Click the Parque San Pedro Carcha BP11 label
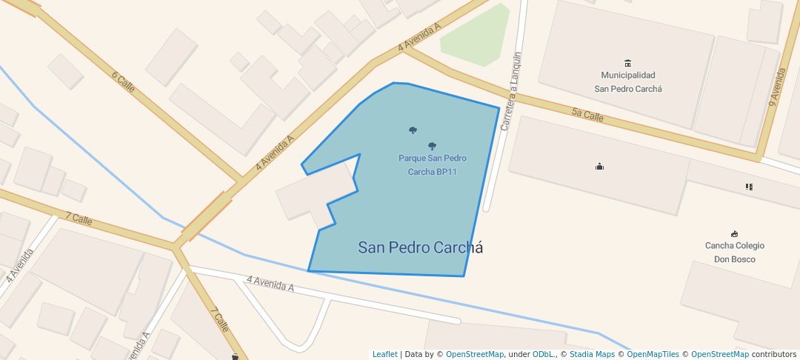point(433,165)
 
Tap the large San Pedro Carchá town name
point(420,247)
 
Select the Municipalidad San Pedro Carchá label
point(628,81)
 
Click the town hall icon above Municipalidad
point(628,62)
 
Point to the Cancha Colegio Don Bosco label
point(734,252)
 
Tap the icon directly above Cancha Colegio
point(734,233)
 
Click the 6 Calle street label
point(123,81)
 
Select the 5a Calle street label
point(587,114)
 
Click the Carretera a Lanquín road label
point(512,91)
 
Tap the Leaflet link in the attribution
point(384,354)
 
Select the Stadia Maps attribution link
point(592,354)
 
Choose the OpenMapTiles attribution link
point(649,354)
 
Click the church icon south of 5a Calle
point(599,167)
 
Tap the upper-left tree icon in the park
point(413,130)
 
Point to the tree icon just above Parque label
point(433,146)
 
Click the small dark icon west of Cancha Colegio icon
point(750,187)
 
